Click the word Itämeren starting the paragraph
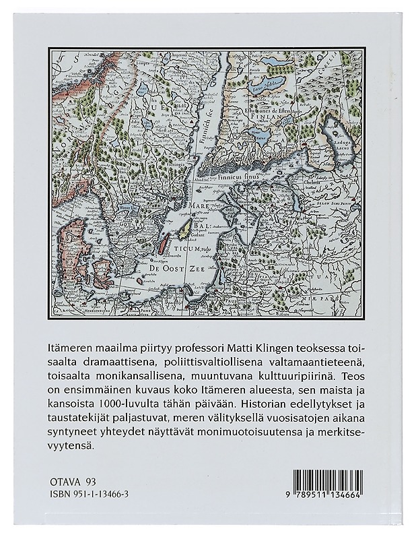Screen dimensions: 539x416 click(x=73, y=346)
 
